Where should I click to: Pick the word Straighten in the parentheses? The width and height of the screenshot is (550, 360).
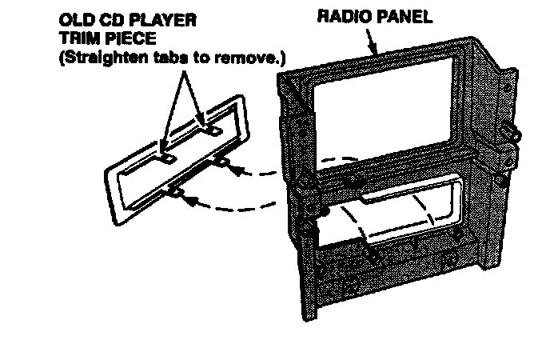[103, 56]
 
